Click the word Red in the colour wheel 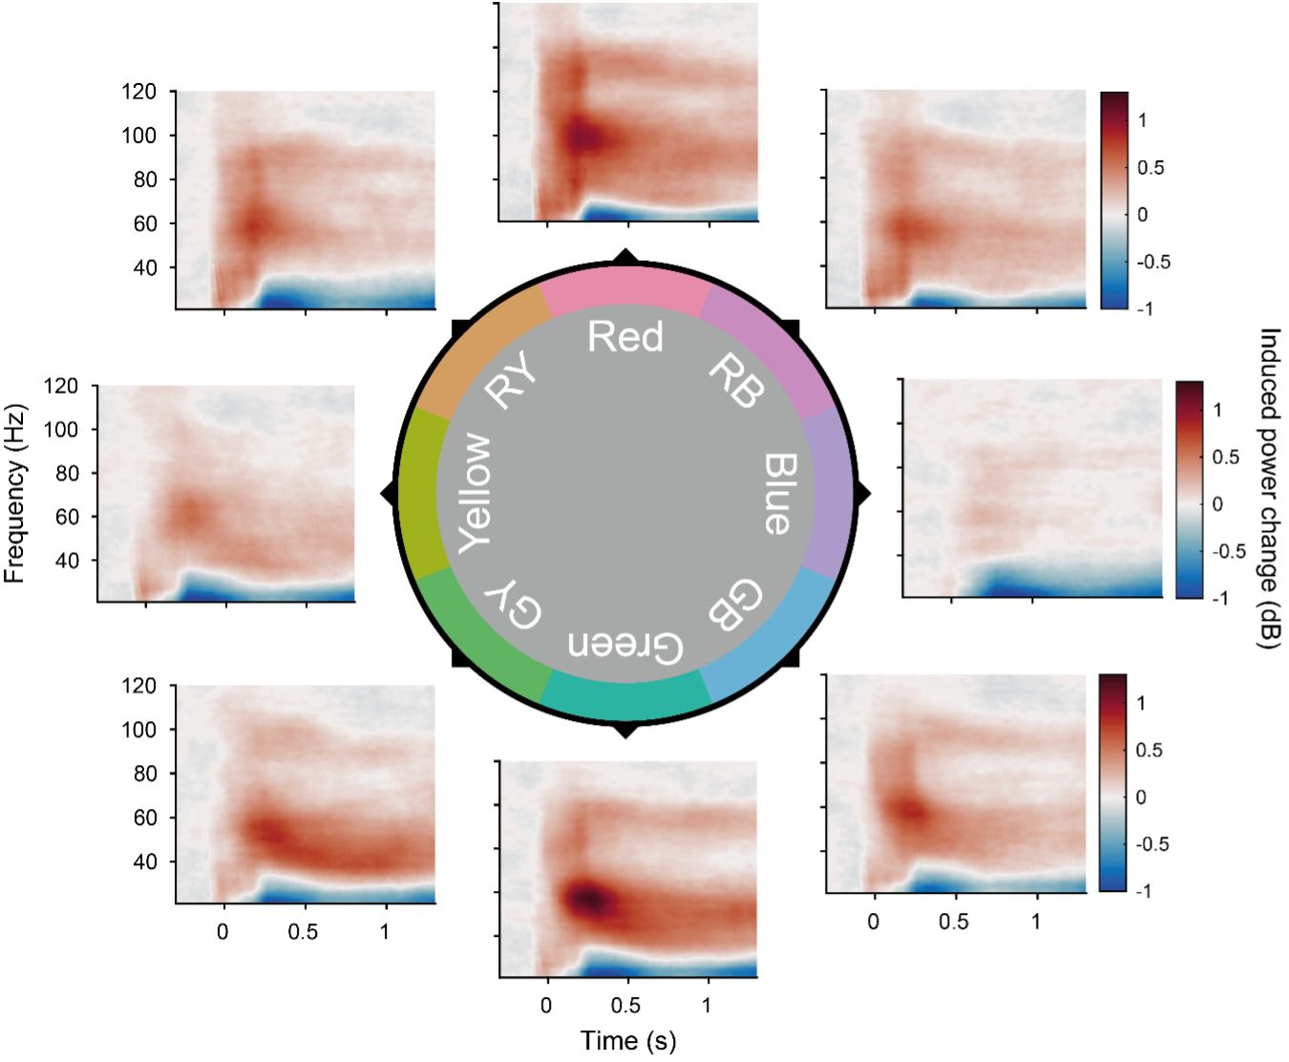[x=625, y=337]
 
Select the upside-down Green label [x=625, y=646]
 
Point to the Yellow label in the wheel [x=475, y=493]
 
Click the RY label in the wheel [x=512, y=380]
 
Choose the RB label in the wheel [x=737, y=380]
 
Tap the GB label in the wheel [x=735, y=604]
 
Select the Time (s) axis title [x=628, y=1040]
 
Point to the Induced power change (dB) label [x=1268, y=489]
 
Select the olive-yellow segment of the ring [x=417, y=494]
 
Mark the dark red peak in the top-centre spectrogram [x=582, y=138]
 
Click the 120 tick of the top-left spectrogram [x=139, y=92]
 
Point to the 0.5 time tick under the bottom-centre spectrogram [x=626, y=1005]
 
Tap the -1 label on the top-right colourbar [x=1143, y=308]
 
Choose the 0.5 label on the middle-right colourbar [x=1226, y=457]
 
